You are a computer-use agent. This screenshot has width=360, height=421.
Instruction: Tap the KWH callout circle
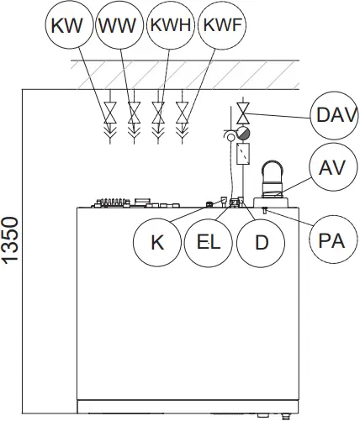pos(169,26)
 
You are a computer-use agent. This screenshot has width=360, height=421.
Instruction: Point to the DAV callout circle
pos(330,115)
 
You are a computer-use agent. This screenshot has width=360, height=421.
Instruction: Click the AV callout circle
pos(330,166)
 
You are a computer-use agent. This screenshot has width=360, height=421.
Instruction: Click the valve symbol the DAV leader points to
pos(242,112)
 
